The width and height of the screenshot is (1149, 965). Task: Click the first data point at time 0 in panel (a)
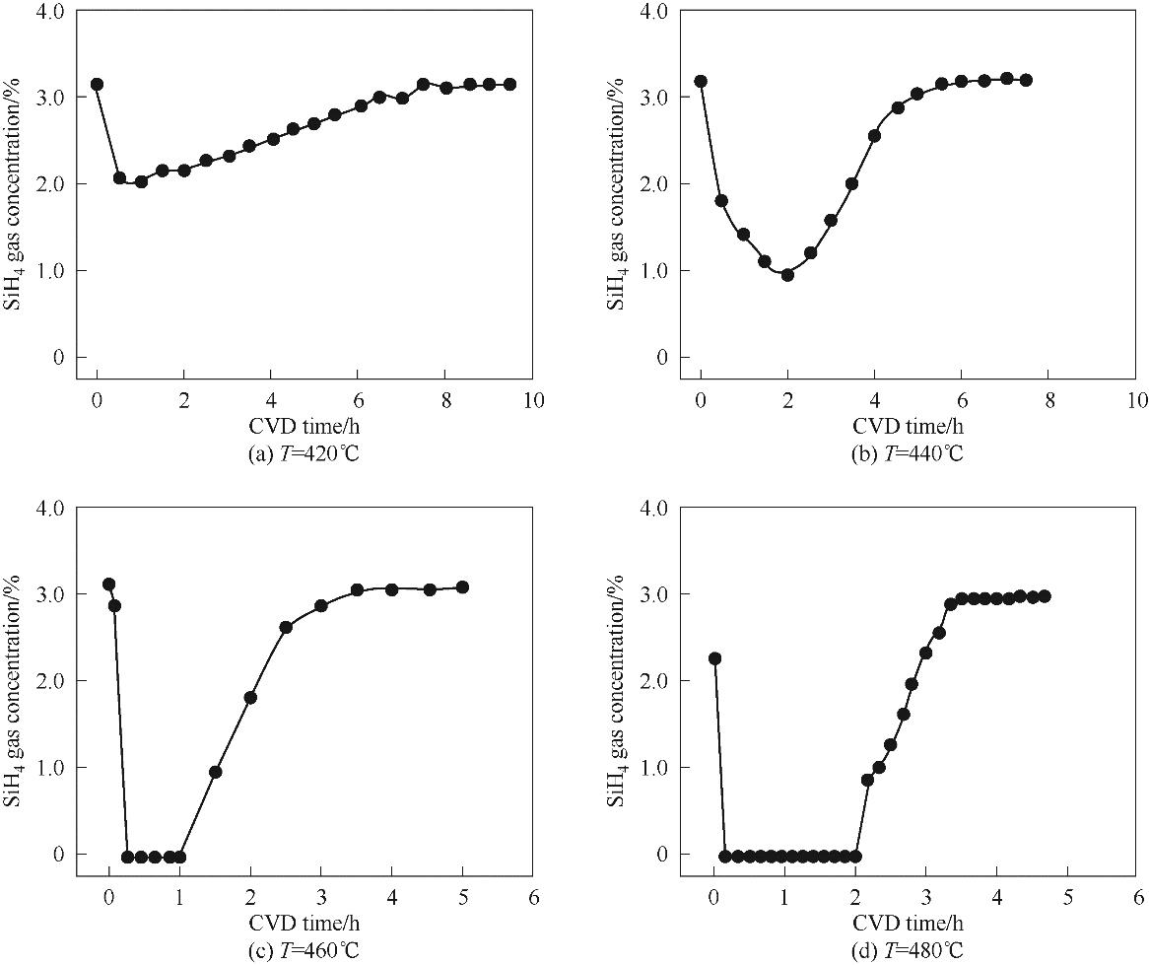point(97,85)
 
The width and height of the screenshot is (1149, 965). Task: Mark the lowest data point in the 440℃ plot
point(787,275)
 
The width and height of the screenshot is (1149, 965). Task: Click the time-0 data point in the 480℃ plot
point(714,658)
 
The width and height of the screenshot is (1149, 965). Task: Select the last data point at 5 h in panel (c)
point(462,587)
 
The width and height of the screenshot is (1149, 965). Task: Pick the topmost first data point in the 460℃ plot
point(108,585)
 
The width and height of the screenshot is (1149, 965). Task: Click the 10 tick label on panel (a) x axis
point(532,400)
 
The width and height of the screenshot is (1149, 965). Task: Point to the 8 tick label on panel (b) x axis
point(1048,400)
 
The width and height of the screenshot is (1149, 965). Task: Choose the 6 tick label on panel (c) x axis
point(533,897)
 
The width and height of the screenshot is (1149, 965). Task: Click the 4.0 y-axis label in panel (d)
point(653,508)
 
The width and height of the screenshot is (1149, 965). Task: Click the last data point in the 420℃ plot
point(509,85)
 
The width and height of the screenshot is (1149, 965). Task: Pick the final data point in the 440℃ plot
point(1026,80)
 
